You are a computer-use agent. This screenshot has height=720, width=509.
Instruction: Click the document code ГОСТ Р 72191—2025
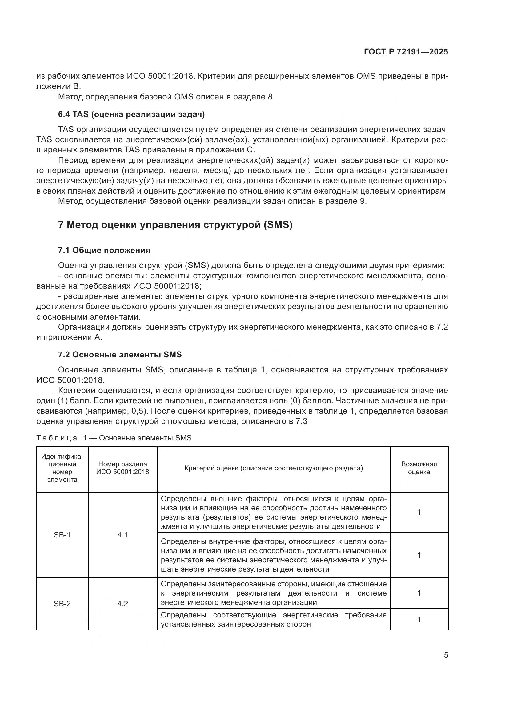click(x=406, y=52)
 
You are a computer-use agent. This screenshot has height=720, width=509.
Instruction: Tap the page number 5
click(x=446, y=655)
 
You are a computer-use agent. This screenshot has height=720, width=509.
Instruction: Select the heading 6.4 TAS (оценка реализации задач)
click(x=131, y=115)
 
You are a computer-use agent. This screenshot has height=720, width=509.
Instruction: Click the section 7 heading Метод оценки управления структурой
click(x=175, y=225)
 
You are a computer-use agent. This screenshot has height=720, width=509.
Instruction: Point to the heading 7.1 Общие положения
click(x=104, y=250)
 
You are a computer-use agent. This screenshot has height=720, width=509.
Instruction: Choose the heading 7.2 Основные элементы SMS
click(x=120, y=355)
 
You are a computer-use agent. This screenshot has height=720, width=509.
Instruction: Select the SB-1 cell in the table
click(x=62, y=535)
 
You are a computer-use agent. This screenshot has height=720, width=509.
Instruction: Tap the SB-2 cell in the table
click(x=62, y=604)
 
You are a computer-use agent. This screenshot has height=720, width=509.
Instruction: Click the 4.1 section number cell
click(x=122, y=535)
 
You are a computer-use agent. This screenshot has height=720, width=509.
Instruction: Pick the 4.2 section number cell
click(x=122, y=604)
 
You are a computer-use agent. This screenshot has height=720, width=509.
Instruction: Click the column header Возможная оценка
click(x=419, y=468)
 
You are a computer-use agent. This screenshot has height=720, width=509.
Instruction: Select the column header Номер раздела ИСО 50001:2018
click(x=122, y=468)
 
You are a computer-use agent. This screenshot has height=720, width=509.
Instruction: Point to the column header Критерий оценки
click(x=274, y=468)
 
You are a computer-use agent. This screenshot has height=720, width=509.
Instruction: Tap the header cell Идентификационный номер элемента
click(x=62, y=468)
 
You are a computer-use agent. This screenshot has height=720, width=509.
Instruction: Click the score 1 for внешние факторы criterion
click(x=419, y=513)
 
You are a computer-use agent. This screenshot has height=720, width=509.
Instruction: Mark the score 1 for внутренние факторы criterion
click(x=419, y=555)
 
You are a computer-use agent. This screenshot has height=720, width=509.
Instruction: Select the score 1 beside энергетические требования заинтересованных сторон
click(x=419, y=619)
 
